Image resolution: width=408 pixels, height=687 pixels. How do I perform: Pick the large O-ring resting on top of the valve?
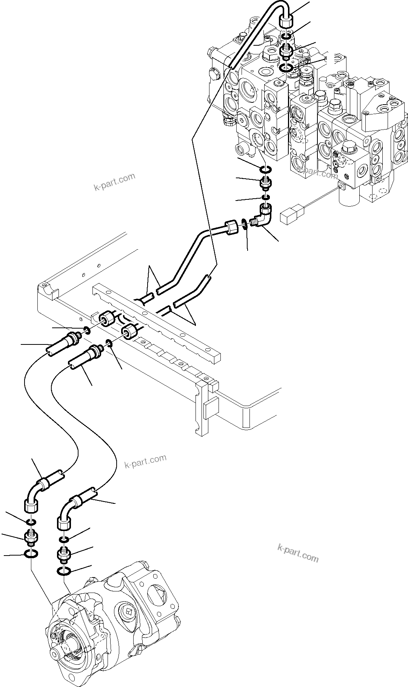[287, 68]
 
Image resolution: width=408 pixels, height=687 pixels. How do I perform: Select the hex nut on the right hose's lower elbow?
[64, 523]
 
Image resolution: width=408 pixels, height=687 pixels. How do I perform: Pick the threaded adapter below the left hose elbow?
[31, 537]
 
